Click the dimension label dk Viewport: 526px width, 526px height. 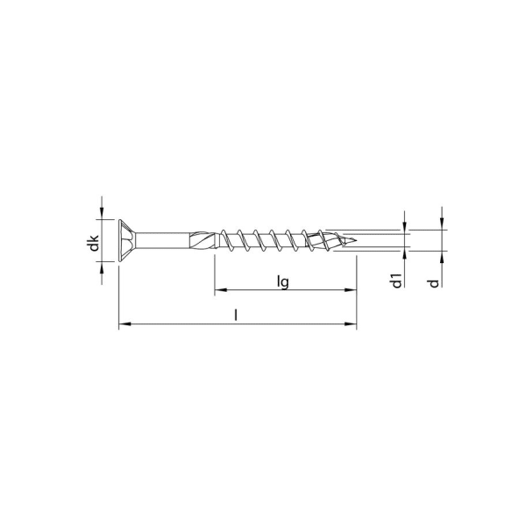94,245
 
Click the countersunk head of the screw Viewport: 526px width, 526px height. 124,239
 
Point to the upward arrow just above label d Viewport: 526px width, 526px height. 442,258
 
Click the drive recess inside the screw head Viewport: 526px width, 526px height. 128,239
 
